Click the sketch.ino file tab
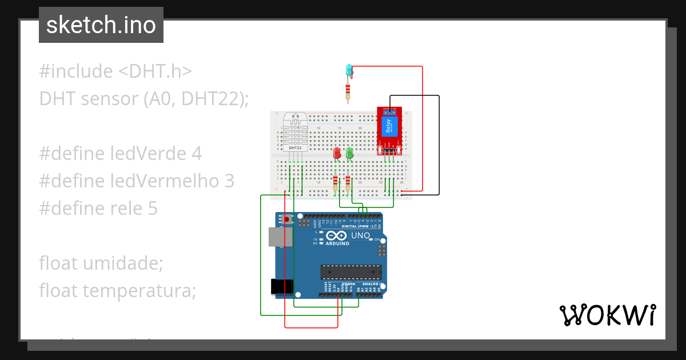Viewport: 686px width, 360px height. [101, 25]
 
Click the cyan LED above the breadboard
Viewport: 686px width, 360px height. [349, 70]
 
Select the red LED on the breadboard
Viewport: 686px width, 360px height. [337, 153]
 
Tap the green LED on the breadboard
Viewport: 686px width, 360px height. [349, 153]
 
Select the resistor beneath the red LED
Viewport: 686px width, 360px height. [336, 183]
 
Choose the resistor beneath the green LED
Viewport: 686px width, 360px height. [348, 183]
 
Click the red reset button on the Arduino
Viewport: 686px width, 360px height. [287, 218]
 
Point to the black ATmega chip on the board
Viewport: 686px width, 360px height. [350, 274]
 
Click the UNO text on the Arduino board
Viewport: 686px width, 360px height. [360, 235]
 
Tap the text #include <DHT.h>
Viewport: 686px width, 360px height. [115, 71]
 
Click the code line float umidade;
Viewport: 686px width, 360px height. [101, 263]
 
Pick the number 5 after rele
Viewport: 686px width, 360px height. [153, 208]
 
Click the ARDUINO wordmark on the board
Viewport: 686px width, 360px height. [337, 243]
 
